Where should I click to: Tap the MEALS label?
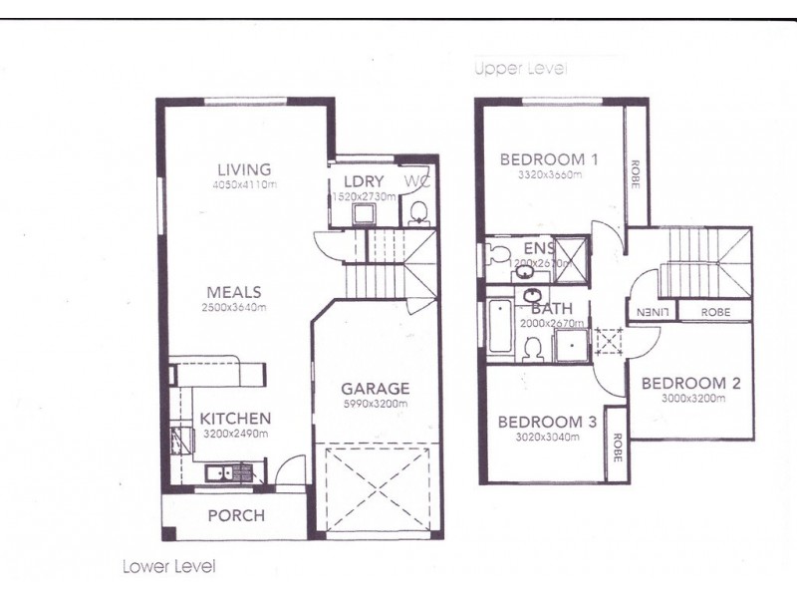click(233, 292)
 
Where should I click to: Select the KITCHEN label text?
click(234, 419)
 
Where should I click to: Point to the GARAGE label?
click(375, 388)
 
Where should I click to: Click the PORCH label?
click(235, 515)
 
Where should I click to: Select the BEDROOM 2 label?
click(690, 383)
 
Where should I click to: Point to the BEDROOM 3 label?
click(547, 422)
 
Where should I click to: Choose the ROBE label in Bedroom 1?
click(635, 170)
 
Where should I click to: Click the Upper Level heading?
click(520, 69)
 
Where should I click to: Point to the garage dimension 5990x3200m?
click(375, 404)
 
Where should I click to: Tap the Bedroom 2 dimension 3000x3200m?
click(690, 399)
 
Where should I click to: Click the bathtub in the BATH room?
click(500, 326)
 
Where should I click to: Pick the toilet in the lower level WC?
click(419, 210)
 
